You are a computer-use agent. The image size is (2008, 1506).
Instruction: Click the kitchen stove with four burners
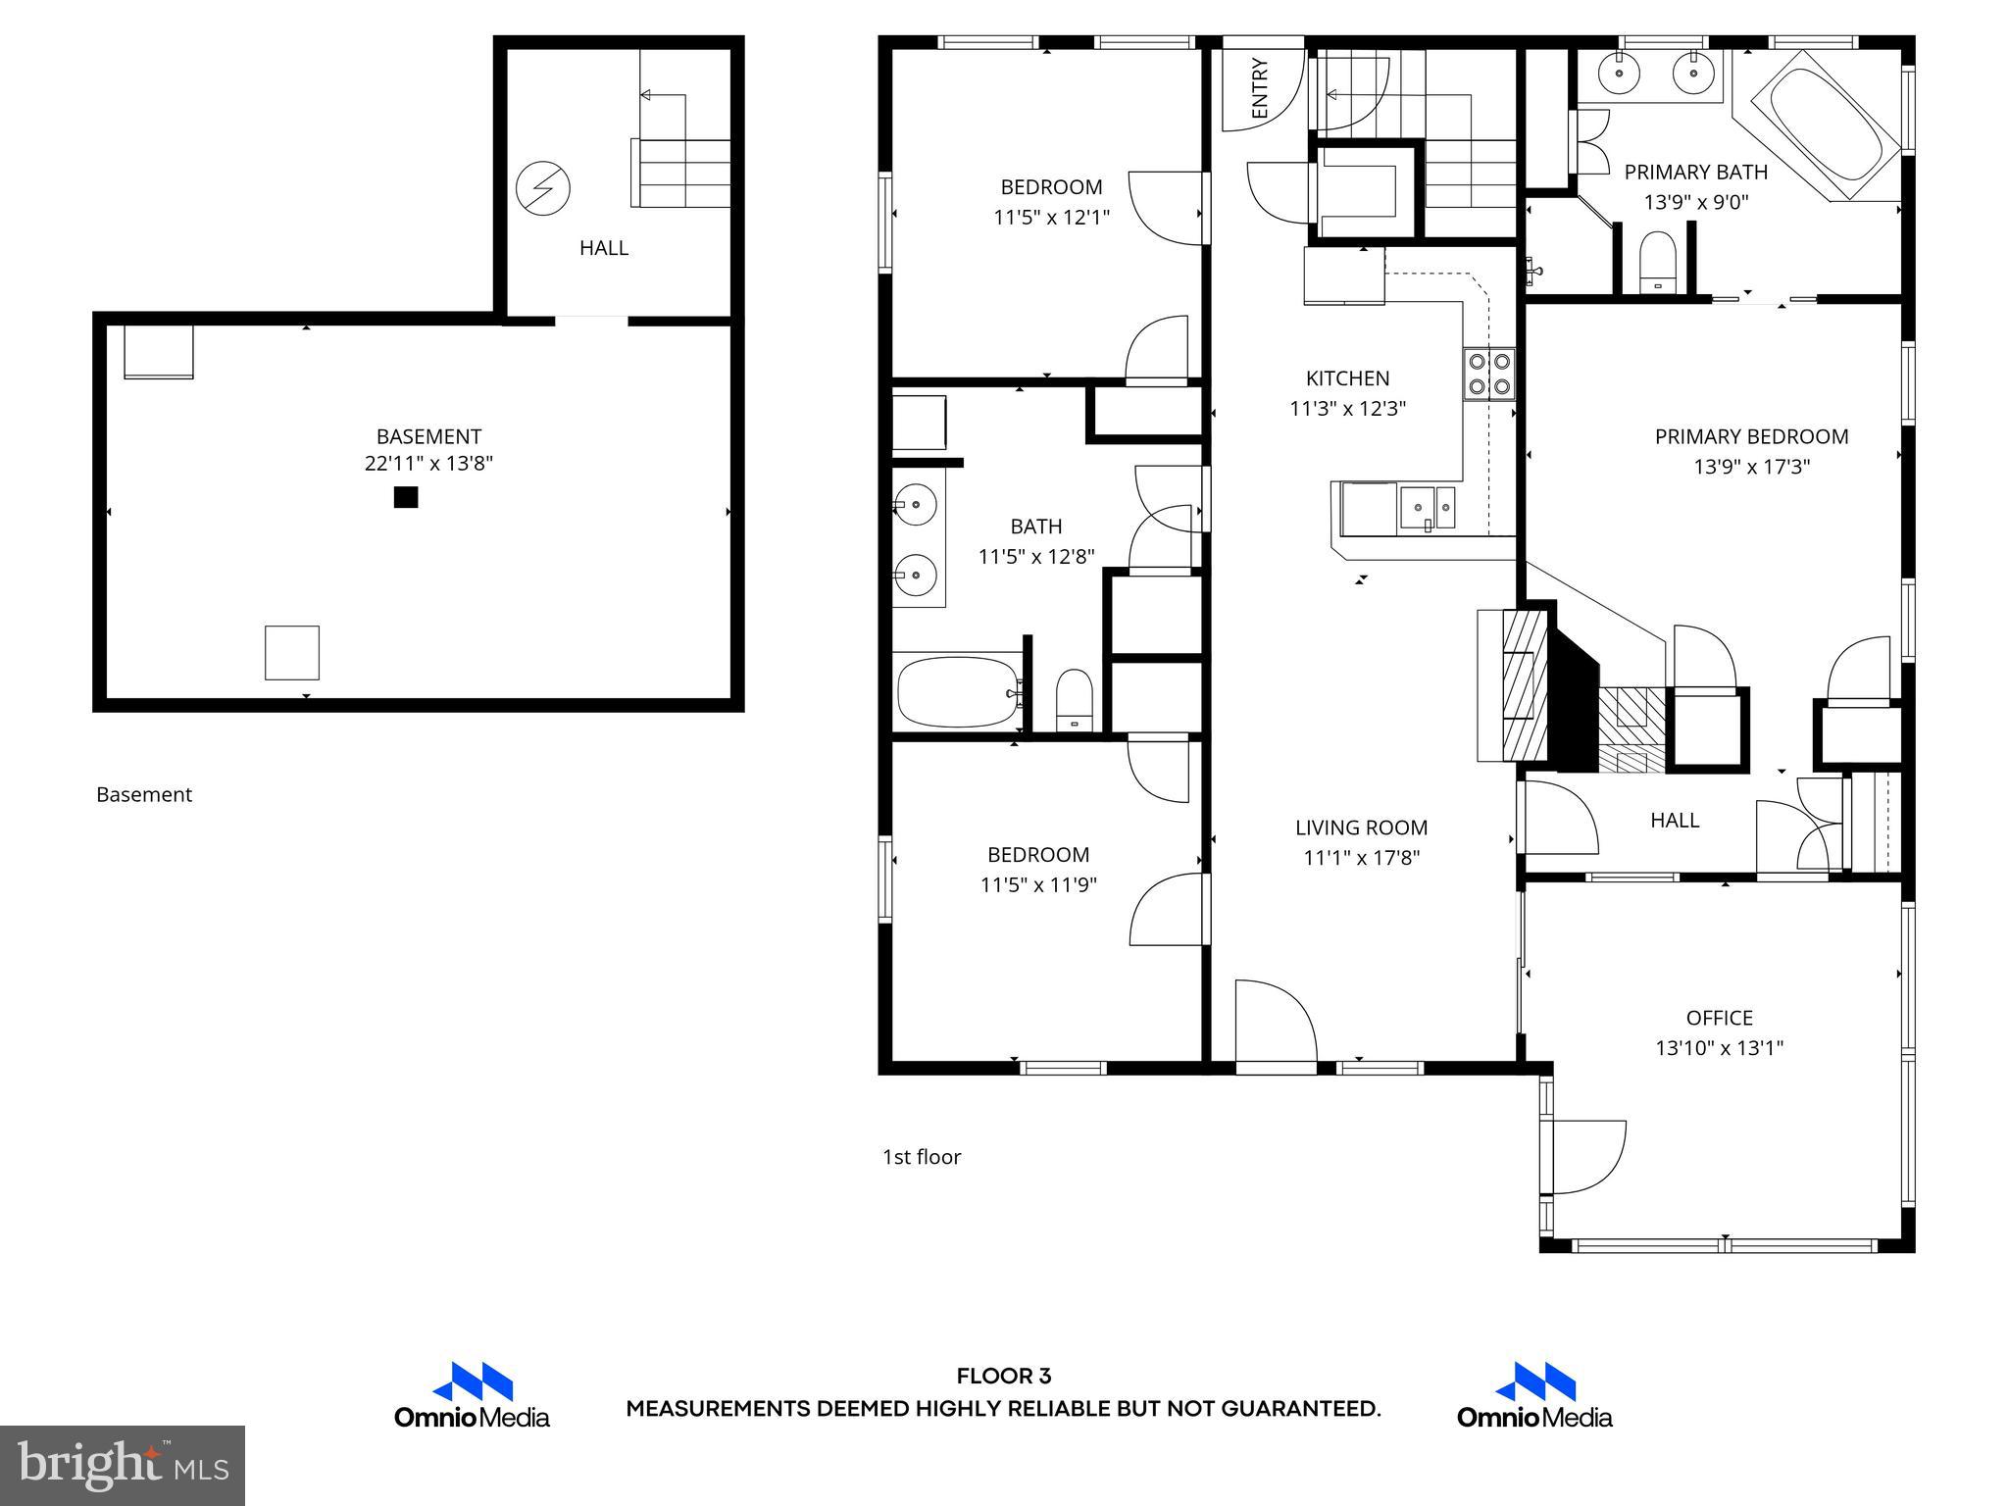click(x=1488, y=375)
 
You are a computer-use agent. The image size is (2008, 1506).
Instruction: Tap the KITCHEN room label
click(x=1347, y=378)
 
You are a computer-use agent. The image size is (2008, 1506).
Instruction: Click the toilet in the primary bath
click(x=1658, y=262)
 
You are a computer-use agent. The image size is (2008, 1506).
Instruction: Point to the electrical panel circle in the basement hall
click(x=542, y=187)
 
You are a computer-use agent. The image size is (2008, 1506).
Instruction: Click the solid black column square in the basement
click(x=406, y=497)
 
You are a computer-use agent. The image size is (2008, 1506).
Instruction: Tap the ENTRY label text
click(x=1261, y=88)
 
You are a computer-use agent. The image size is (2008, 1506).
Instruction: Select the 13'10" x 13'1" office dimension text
click(x=1719, y=1048)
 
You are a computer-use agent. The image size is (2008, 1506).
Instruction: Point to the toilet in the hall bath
click(x=1075, y=699)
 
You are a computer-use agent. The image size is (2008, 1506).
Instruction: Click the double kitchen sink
click(x=1427, y=508)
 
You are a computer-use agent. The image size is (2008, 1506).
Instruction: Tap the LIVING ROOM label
click(x=1361, y=828)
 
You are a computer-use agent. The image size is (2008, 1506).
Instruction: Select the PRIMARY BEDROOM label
click(x=1751, y=437)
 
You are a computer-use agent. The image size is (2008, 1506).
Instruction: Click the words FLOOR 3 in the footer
click(x=1003, y=1377)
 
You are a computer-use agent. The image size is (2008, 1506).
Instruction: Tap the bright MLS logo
click(x=122, y=1465)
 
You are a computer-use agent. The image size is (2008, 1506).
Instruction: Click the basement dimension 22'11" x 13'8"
click(x=428, y=464)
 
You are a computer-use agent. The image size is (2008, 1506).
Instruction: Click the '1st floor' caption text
click(x=921, y=1157)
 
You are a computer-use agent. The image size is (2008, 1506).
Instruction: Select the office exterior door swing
click(x=1586, y=1157)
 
